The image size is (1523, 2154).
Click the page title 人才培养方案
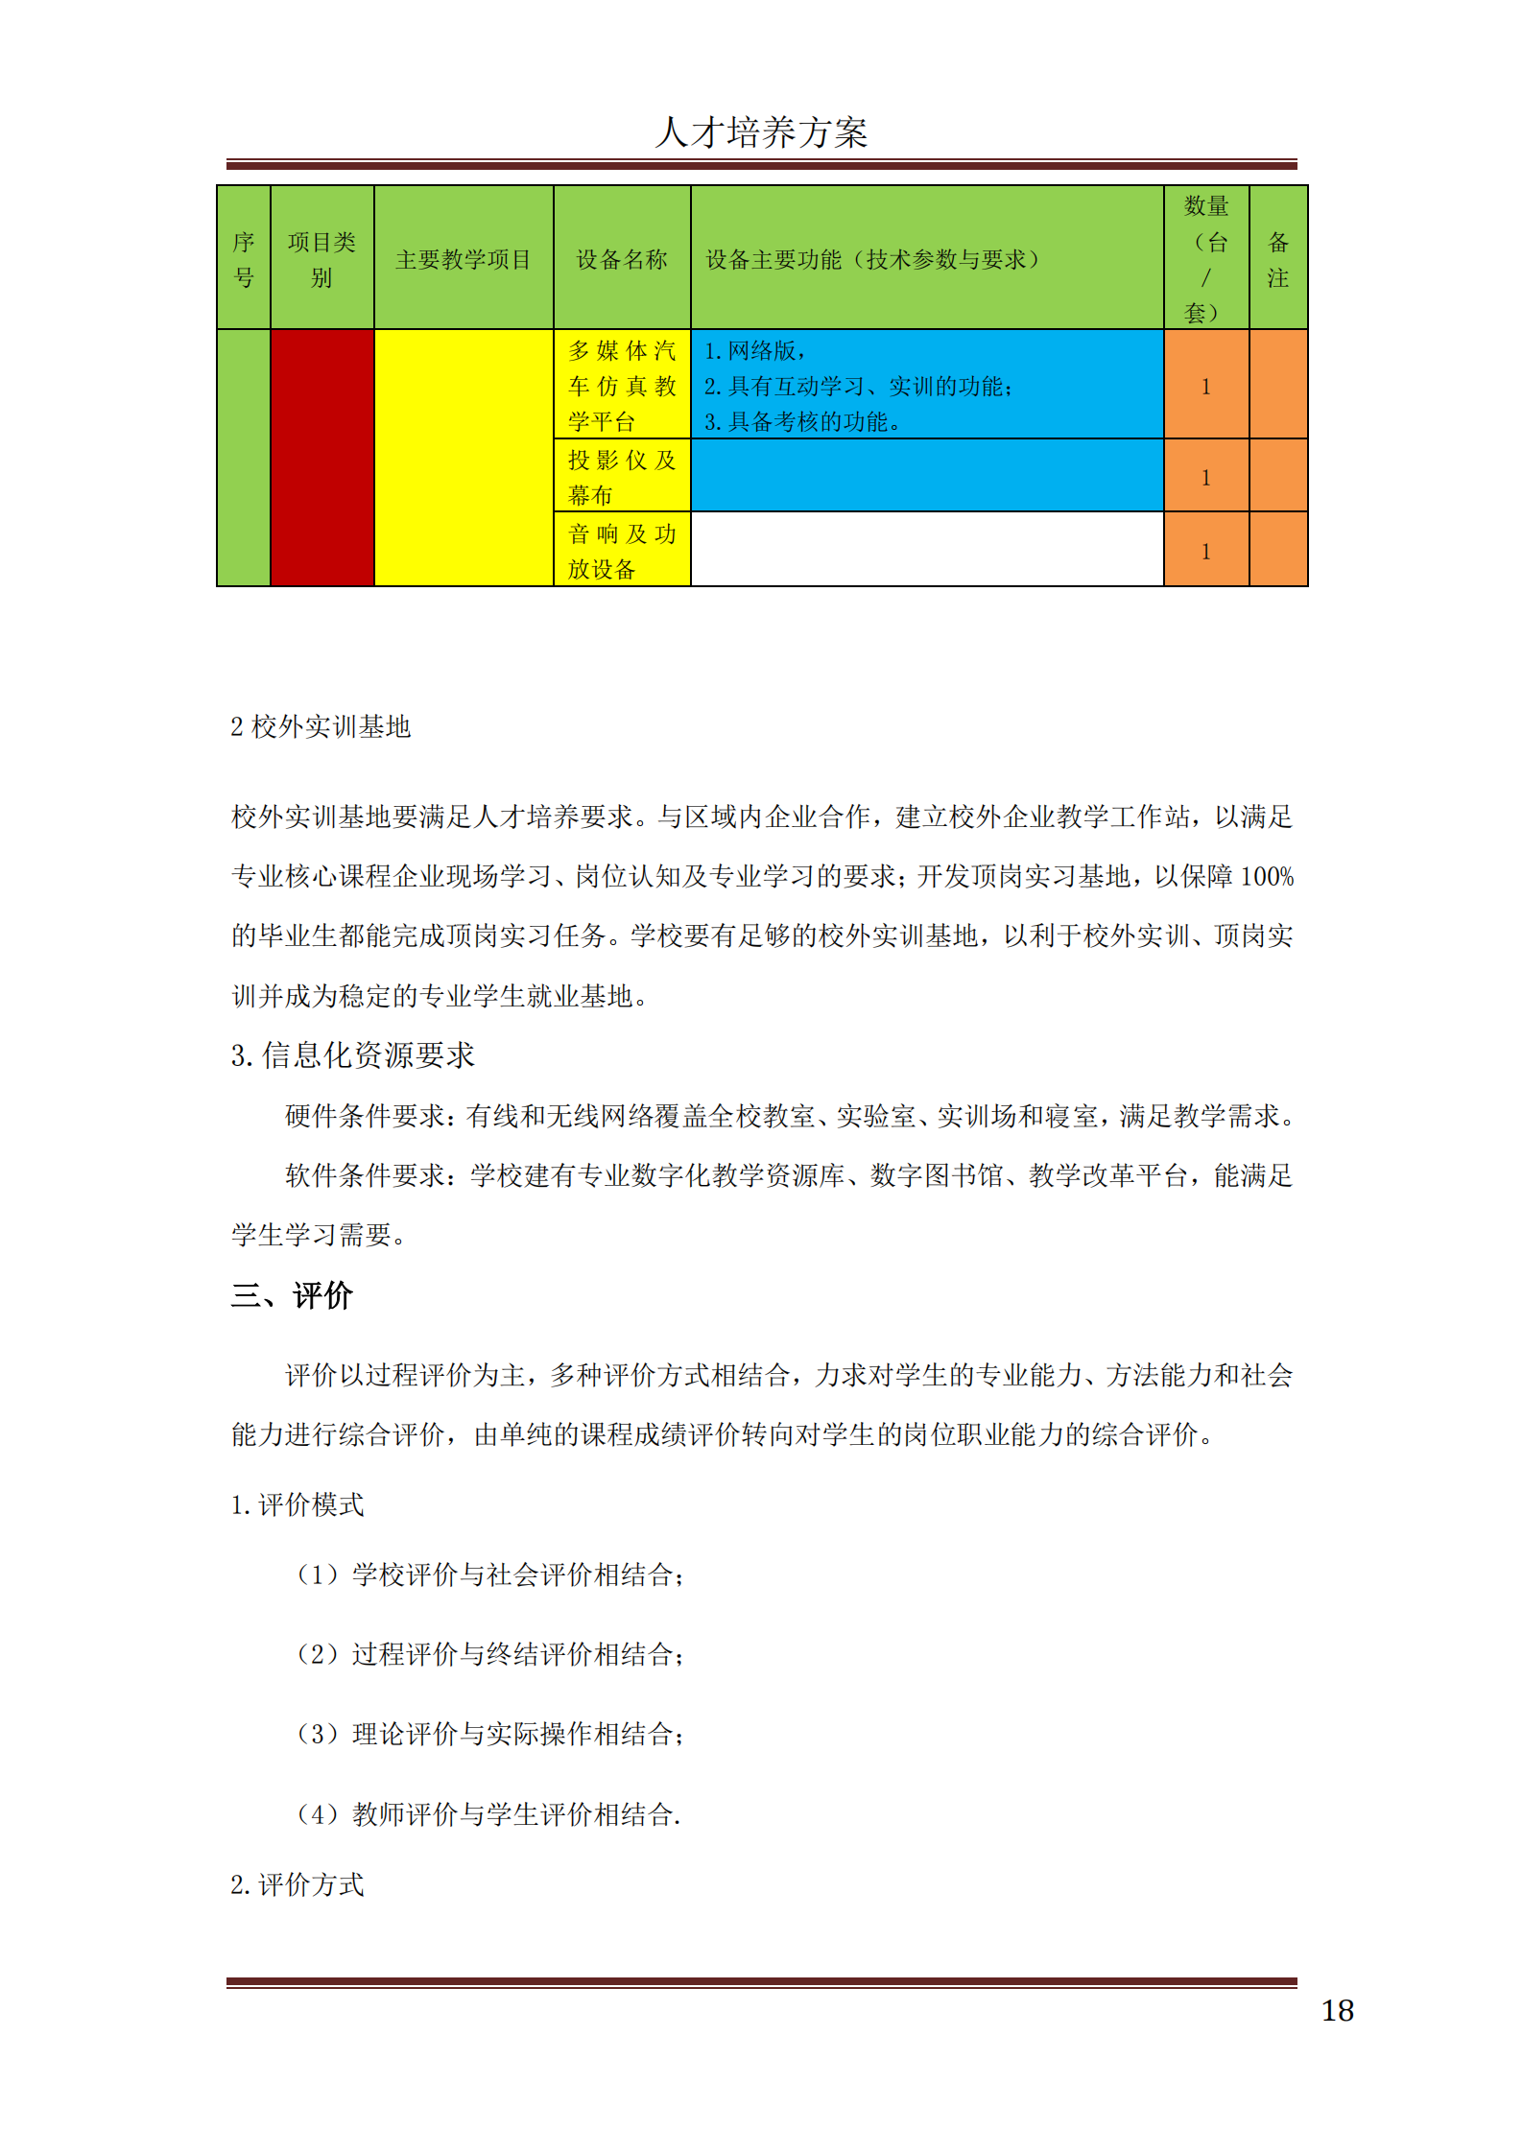click(x=761, y=132)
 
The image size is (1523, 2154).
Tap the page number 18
click(x=1337, y=2010)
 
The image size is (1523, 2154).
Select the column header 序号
click(x=244, y=259)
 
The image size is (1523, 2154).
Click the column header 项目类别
click(x=321, y=259)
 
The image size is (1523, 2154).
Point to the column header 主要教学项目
click(x=463, y=260)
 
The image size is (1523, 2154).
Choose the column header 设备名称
click(x=621, y=260)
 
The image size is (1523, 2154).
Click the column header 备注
click(x=1277, y=259)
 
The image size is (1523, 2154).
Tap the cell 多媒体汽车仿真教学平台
click(x=621, y=386)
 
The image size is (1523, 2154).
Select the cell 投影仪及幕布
click(x=621, y=477)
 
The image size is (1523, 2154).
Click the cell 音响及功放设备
click(x=621, y=551)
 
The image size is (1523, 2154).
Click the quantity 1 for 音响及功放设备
click(x=1205, y=552)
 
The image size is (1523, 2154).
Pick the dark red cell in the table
click(x=321, y=457)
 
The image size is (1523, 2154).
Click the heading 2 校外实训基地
click(x=321, y=727)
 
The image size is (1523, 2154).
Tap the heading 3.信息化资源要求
click(x=352, y=1055)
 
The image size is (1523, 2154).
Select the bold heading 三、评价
click(x=292, y=1296)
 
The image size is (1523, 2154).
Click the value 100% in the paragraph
click(x=1267, y=877)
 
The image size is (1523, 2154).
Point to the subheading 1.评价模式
click(x=297, y=1505)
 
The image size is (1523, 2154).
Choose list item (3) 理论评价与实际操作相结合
click(x=489, y=1734)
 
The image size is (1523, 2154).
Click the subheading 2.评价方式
click(x=297, y=1885)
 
